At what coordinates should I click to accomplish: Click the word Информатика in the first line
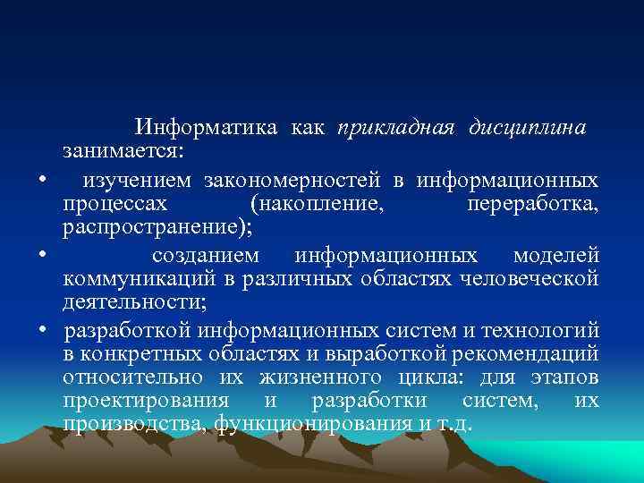(x=205, y=128)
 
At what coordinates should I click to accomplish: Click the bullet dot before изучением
(x=42, y=182)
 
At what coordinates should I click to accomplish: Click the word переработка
(x=532, y=205)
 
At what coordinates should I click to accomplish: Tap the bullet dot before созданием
(x=42, y=258)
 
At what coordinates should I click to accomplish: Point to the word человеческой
(x=529, y=279)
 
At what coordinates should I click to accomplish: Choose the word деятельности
(x=126, y=301)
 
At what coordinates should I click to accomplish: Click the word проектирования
(x=145, y=399)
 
